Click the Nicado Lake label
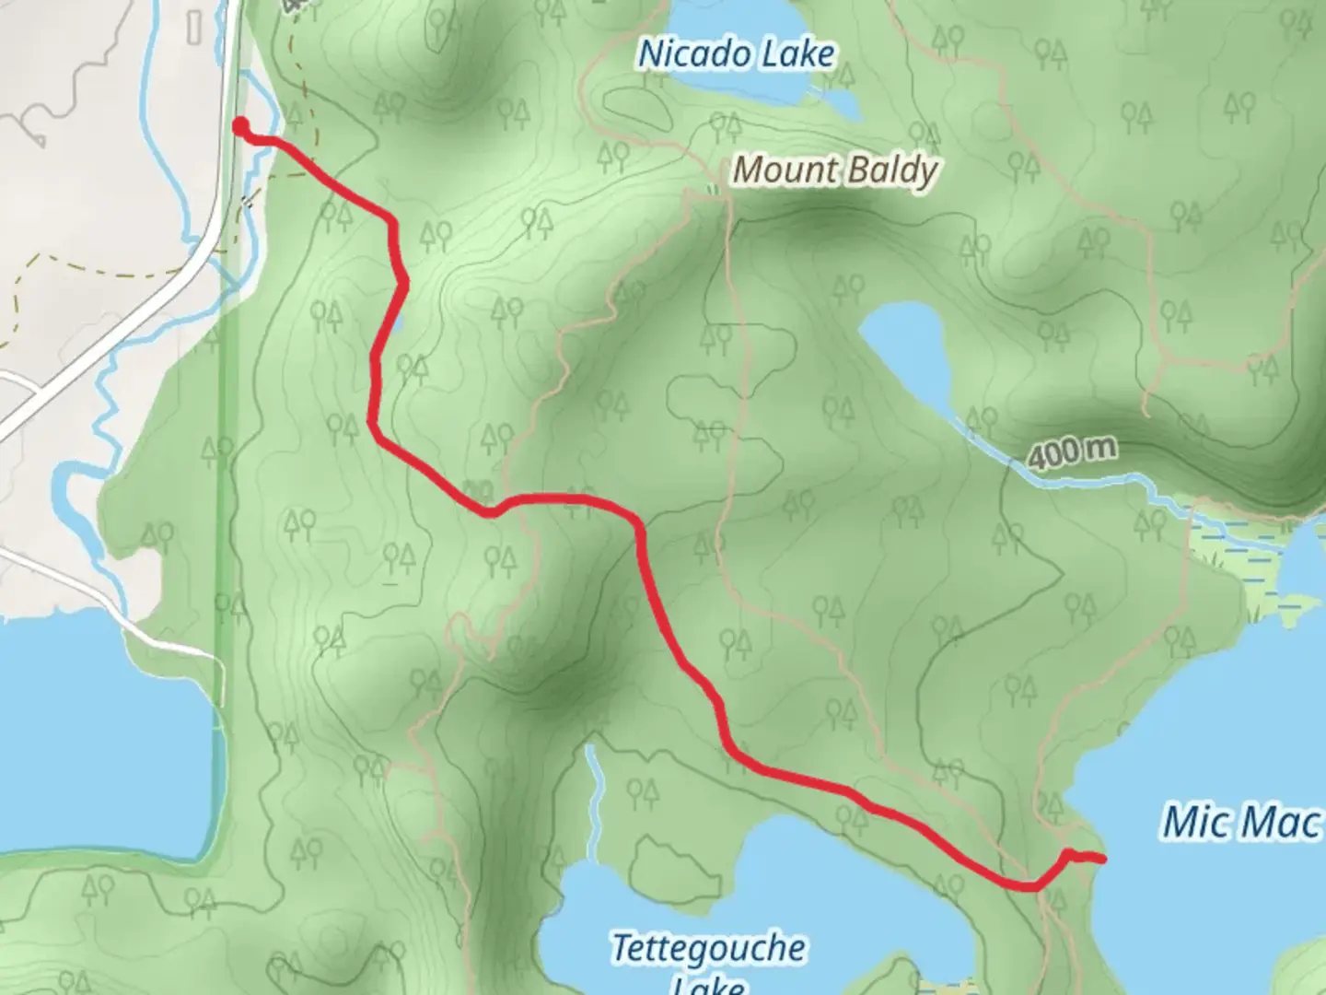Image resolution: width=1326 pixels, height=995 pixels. pos(736,53)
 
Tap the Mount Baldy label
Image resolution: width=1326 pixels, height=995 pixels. pos(834,170)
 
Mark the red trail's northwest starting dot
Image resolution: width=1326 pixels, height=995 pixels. pos(240,126)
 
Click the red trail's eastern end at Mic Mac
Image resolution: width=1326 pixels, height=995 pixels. pos(1100,859)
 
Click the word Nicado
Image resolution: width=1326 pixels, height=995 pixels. pos(690,53)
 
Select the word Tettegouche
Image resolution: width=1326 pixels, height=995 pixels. pos(709,947)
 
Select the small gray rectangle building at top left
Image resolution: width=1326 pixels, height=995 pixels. pos(193,29)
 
